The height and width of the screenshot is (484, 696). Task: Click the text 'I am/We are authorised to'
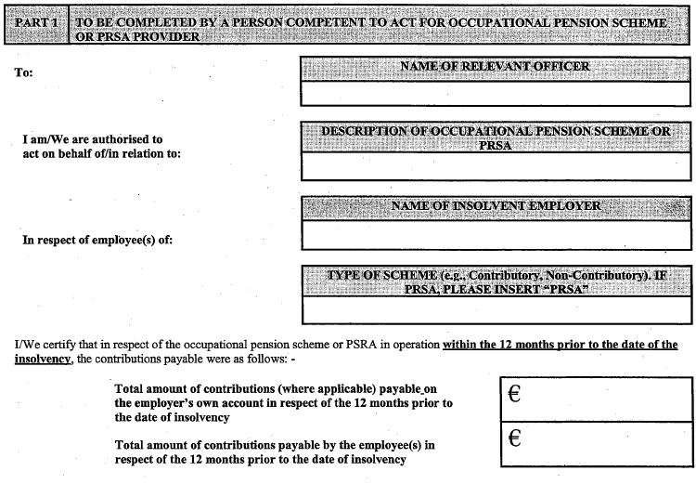(93, 139)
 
